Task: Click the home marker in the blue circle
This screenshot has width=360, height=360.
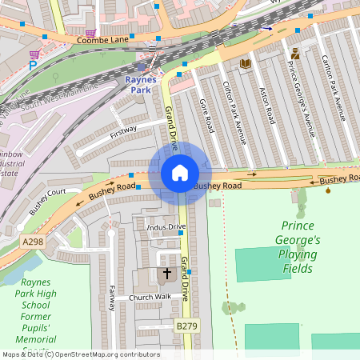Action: pos(180,173)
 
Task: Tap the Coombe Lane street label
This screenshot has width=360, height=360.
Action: pos(102,39)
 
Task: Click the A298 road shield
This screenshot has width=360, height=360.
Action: pos(33,242)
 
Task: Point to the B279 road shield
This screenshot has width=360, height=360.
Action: pos(186,326)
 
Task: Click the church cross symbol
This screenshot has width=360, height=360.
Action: pos(167,274)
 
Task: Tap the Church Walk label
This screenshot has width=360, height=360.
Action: pos(151,298)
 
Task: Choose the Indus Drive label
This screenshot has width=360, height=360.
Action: pos(166,227)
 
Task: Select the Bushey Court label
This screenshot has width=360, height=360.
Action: pos(47,202)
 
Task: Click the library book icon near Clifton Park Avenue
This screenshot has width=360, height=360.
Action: pos(245,62)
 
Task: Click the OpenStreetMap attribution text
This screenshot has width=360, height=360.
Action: pos(80,354)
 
